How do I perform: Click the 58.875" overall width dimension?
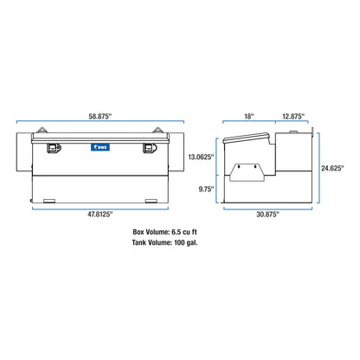click(100, 116)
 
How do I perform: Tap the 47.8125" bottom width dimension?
click(100, 214)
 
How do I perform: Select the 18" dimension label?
click(249, 116)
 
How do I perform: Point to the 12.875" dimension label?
click(293, 116)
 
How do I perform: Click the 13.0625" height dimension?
click(201, 157)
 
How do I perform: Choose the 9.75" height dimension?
click(206, 190)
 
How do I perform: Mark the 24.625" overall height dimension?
click(332, 168)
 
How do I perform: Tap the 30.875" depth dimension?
click(267, 215)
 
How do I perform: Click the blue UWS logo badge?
click(100, 147)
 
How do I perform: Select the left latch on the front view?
click(54, 148)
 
